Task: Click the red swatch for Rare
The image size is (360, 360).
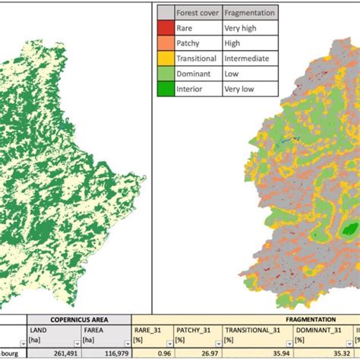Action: click(x=165, y=28)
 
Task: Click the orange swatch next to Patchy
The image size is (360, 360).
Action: click(x=165, y=43)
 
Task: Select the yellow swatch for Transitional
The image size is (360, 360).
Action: click(x=165, y=58)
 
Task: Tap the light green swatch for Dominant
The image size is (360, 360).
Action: click(x=165, y=74)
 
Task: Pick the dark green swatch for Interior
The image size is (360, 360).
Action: click(x=165, y=90)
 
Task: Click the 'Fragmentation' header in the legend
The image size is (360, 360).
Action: click(x=250, y=13)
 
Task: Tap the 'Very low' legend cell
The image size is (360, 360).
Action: click(x=240, y=90)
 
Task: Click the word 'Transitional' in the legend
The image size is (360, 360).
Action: click(x=197, y=58)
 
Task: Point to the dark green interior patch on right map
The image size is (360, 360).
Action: click(x=349, y=229)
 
